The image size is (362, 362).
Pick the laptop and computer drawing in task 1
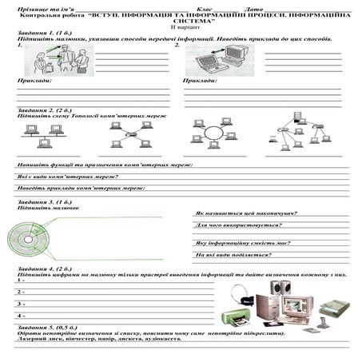217,59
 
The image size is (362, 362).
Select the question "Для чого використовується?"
232,226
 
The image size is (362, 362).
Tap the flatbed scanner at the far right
334,308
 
